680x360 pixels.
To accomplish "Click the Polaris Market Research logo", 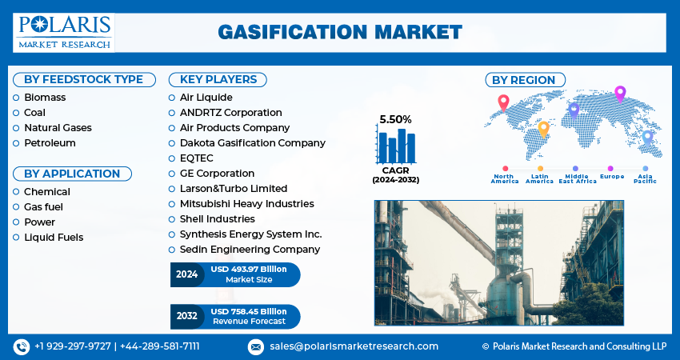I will pyautogui.click(x=64, y=32).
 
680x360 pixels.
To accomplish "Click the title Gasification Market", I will pyautogui.click(x=339, y=32).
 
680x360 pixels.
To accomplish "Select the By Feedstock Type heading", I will pyautogui.click(x=83, y=79).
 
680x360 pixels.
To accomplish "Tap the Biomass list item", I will pyautogui.click(x=45, y=98).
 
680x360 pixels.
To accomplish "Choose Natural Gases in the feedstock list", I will pyautogui.click(x=58, y=128).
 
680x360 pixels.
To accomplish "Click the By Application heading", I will pyautogui.click(x=72, y=174).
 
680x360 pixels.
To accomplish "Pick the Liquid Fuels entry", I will pyautogui.click(x=54, y=238).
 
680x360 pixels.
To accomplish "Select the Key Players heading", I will pyautogui.click(x=218, y=79).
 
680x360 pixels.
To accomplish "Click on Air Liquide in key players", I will pyautogui.click(x=206, y=98).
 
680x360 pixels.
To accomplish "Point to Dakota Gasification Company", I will pyautogui.click(x=252, y=143).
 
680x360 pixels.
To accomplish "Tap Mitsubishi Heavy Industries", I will pyautogui.click(x=246, y=204).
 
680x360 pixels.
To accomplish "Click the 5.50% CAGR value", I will pyautogui.click(x=395, y=119).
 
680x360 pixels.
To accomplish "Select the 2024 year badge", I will pyautogui.click(x=186, y=274).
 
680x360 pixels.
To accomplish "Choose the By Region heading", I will pyautogui.click(x=523, y=79).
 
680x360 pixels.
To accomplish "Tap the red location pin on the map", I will pyautogui.click(x=503, y=102).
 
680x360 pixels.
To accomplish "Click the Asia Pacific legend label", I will pyautogui.click(x=645, y=178).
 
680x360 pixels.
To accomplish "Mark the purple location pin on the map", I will pyautogui.click(x=620, y=93).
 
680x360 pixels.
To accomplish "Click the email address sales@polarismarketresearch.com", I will pyautogui.click(x=353, y=346).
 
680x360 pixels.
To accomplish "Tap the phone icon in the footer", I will pyautogui.click(x=20, y=346).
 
